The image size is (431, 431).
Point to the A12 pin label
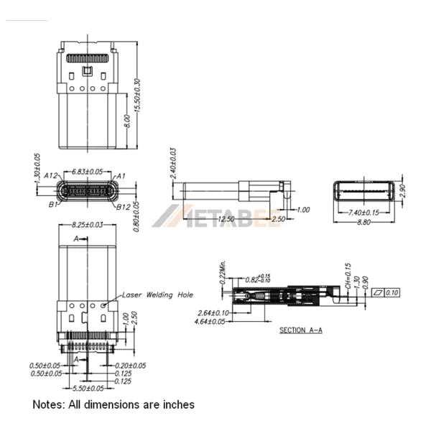coord(50,175)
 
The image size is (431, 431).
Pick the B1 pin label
coord(52,205)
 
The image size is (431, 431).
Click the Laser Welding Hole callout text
coord(157,295)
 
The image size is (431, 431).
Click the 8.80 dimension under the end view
coord(363,223)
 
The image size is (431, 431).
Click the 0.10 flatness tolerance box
coord(392,292)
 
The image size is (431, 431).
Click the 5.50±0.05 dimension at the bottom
coord(89,388)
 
